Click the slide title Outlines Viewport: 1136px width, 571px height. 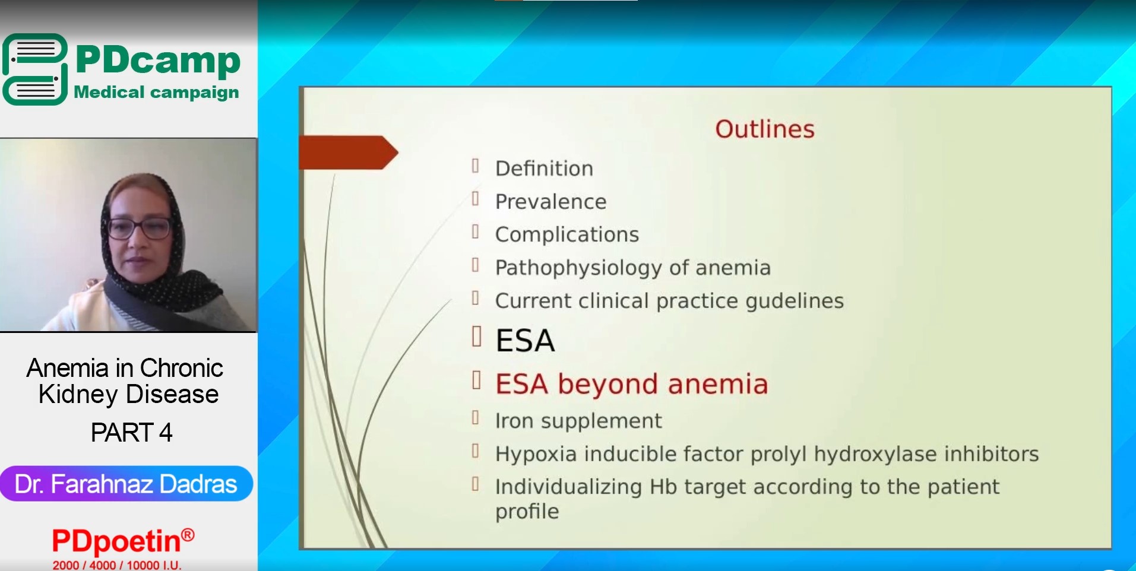pyautogui.click(x=764, y=129)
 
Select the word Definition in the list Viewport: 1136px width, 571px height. pyautogui.click(x=544, y=169)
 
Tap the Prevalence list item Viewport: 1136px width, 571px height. pyautogui.click(x=550, y=202)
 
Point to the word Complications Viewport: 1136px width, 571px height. pyautogui.click(x=567, y=235)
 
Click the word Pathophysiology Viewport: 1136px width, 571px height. pyautogui.click(x=578, y=268)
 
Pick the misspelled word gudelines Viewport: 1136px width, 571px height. pyautogui.click(x=795, y=302)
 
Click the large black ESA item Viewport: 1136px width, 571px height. pyautogui.click(x=525, y=341)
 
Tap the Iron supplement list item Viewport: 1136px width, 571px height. pyautogui.click(x=578, y=421)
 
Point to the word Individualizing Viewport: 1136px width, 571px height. pyautogui.click(x=568, y=487)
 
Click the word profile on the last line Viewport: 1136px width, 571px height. pyautogui.click(x=527, y=512)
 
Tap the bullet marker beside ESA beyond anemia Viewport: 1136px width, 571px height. pyautogui.click(x=476, y=380)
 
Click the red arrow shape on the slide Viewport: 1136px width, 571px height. pyautogui.click(x=348, y=153)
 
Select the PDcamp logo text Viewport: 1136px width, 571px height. pyautogui.click(x=158, y=60)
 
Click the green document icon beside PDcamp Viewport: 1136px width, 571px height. pyautogui.click(x=35, y=69)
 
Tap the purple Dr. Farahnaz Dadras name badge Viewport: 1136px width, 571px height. pyautogui.click(x=126, y=484)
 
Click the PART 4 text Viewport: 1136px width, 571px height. pyautogui.click(x=131, y=432)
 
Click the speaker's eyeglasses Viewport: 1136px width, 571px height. pyautogui.click(x=139, y=228)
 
